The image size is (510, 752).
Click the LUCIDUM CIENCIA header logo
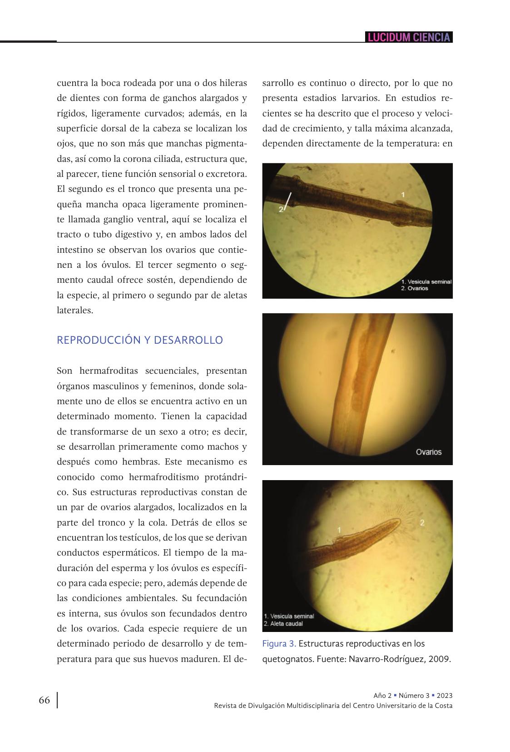tap(409, 37)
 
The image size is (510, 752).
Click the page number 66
tap(44, 700)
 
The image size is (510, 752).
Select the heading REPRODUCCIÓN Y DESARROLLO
tap(140, 340)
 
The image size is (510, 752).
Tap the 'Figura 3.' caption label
tap(279, 644)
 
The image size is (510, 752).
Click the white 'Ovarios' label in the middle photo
tap(428, 452)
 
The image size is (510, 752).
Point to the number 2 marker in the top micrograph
tap(281, 209)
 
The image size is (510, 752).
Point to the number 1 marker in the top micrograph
tap(403, 195)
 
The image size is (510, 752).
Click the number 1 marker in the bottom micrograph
tap(339, 530)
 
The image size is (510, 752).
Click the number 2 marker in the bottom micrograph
tap(422, 522)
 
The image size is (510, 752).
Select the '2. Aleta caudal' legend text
tap(283, 624)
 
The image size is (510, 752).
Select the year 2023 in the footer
tap(445, 696)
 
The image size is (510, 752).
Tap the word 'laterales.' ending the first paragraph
tap(75, 311)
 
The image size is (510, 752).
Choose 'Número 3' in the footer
tap(414, 696)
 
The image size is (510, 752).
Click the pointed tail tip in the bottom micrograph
tap(399, 521)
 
